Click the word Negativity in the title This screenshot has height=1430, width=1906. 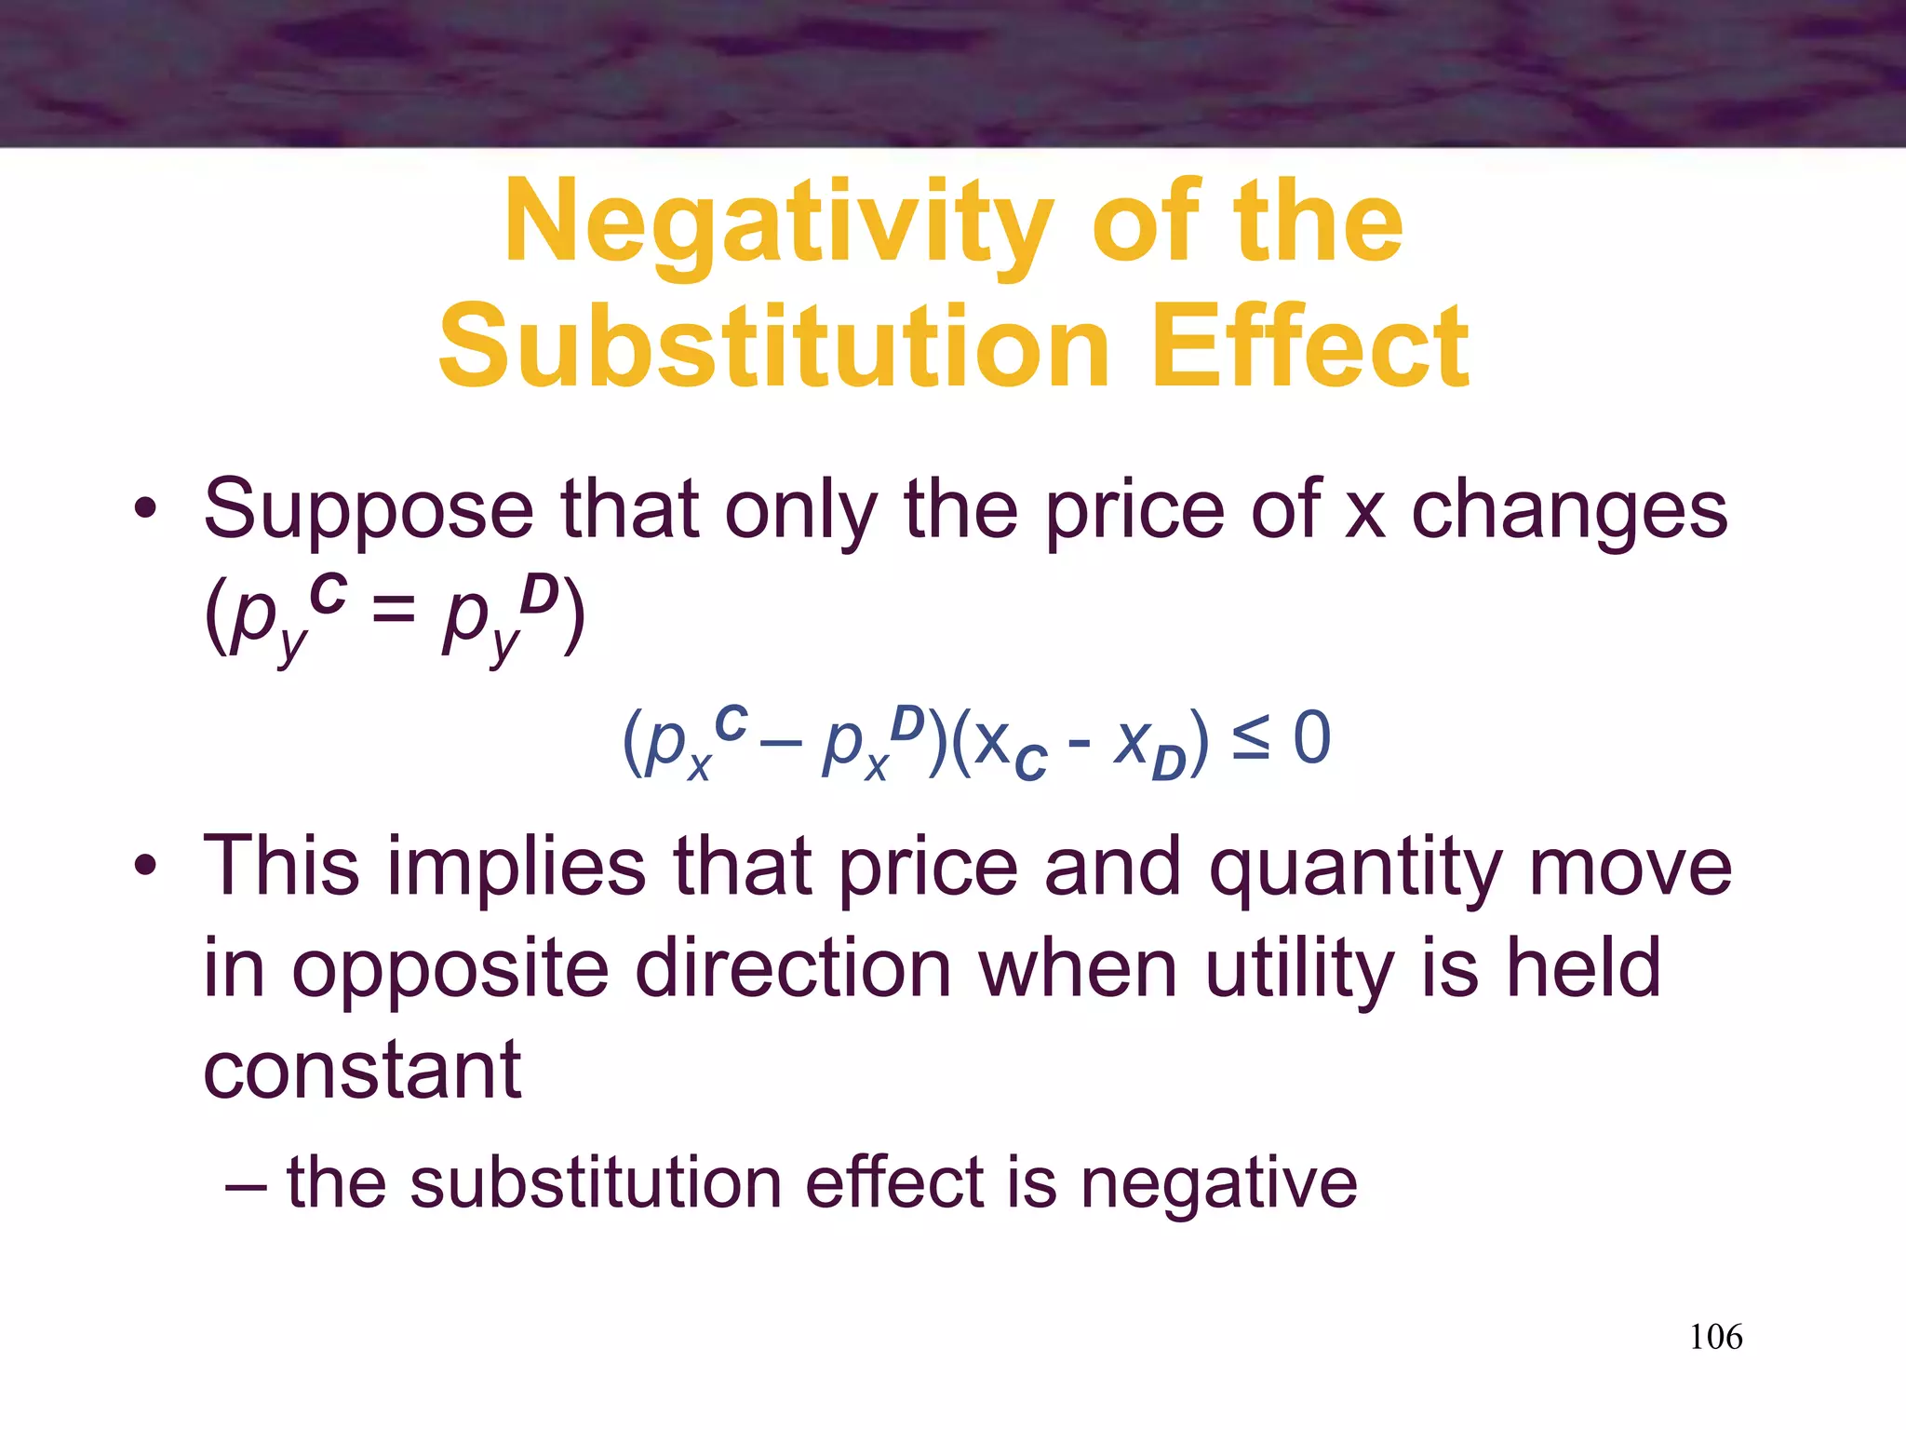(x=778, y=223)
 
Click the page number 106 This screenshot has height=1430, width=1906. (x=1715, y=1337)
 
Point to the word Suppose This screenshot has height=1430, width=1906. (x=369, y=511)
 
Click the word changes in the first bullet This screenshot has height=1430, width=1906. (x=1569, y=511)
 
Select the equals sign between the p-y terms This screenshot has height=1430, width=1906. (x=395, y=613)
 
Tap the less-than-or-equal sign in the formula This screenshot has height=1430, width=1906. (x=1250, y=740)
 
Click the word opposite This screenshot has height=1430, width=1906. (x=451, y=970)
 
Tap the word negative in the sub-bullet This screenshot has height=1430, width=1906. (x=1218, y=1184)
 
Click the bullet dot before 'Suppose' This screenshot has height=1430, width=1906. (x=144, y=509)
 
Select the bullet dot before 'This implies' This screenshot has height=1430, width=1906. (x=144, y=866)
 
